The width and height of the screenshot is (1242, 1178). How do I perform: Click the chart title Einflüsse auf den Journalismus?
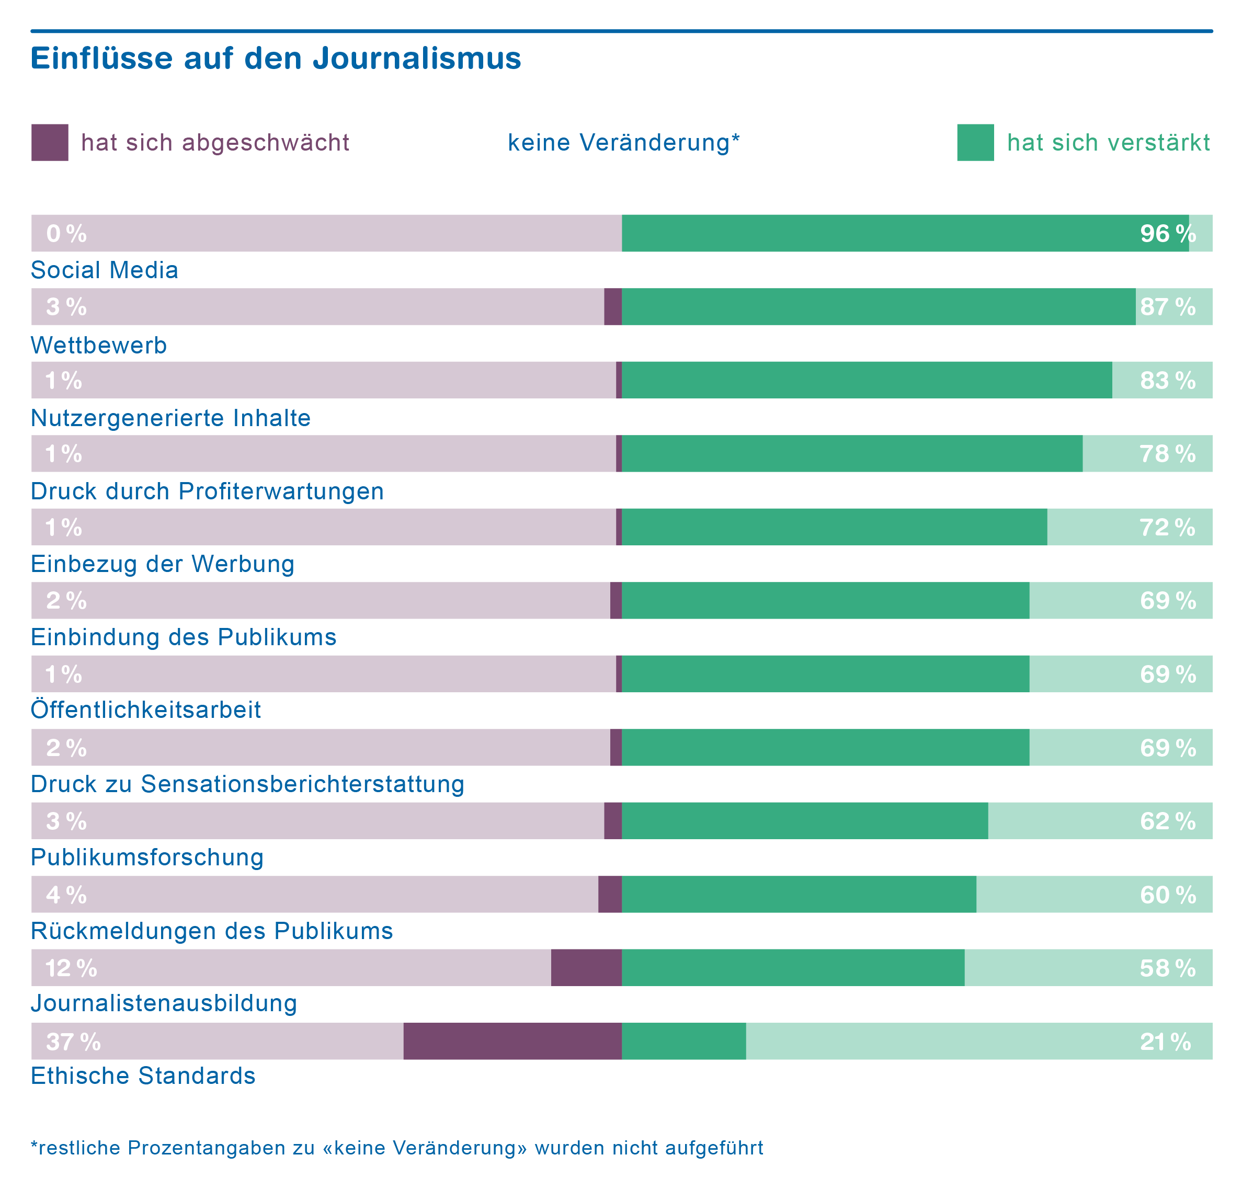point(276,59)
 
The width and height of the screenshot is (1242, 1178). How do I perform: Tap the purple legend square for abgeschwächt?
point(50,143)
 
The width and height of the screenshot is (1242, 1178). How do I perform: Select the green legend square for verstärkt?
point(975,143)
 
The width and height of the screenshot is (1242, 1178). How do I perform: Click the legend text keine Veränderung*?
point(623,143)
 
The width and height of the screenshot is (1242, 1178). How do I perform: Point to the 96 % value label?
point(1167,234)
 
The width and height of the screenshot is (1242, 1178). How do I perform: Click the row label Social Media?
point(104,270)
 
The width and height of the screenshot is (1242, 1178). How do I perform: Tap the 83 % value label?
point(1167,381)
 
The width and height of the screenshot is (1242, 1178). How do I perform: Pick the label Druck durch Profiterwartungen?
point(207,491)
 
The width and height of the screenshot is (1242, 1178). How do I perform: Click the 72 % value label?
point(1167,528)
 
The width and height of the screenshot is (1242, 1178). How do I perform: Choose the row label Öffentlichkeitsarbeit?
point(146,710)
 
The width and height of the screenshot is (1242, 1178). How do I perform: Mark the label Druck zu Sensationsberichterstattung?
point(247,784)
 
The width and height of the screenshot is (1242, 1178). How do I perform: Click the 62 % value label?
point(1167,821)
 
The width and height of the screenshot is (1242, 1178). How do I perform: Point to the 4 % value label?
point(66,895)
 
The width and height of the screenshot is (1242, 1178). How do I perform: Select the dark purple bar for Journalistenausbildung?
point(586,968)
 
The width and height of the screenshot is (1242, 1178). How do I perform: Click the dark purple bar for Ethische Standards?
point(512,1041)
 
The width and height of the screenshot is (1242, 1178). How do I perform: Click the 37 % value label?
point(73,1042)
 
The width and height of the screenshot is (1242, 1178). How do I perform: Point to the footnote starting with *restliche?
point(397,1148)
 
